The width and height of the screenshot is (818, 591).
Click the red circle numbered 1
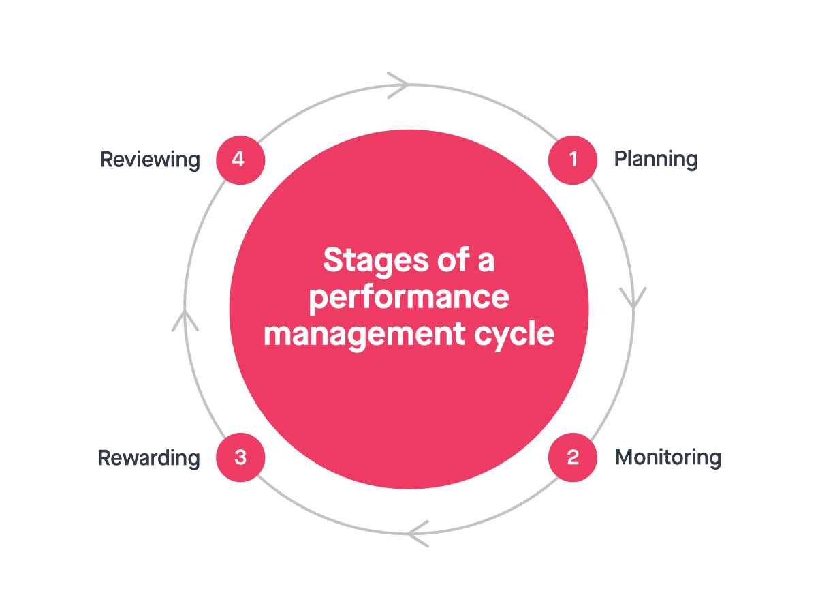coord(573,160)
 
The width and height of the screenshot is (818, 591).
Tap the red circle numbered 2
coord(573,457)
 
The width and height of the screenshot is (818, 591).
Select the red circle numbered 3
coord(240,457)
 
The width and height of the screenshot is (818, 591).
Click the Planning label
coord(656,160)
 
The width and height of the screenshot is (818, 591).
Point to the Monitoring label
coord(667,457)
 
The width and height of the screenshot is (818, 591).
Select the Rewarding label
coord(149,457)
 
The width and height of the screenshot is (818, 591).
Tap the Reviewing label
coord(151,160)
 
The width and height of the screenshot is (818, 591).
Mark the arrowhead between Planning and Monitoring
coord(633,299)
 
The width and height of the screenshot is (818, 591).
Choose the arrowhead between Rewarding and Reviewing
coord(185,319)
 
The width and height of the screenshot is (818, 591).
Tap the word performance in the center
coord(409,298)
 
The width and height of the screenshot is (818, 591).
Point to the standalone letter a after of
coord(486,262)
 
